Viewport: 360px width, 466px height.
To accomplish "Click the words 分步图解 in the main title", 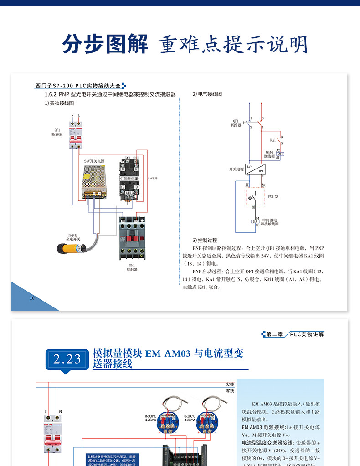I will coord(106,44).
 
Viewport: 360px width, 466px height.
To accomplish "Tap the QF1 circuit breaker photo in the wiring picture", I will coord(76,134).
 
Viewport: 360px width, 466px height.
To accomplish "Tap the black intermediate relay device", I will coord(129,179).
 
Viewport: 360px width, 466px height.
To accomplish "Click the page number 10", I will coord(32,298).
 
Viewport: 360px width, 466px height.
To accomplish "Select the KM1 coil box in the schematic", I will coord(280,154).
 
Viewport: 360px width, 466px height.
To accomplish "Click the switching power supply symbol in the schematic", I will coord(256,169).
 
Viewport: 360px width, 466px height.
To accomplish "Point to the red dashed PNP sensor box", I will coord(256,197).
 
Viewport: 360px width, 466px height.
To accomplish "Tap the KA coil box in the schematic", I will coord(255,221).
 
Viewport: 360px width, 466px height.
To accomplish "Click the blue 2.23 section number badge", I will coord(67,359).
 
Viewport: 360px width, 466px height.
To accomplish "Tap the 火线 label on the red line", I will coord(230,384).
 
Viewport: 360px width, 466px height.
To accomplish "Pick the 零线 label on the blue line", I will coord(230,391).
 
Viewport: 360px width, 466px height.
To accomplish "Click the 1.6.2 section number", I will coord(50,94).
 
